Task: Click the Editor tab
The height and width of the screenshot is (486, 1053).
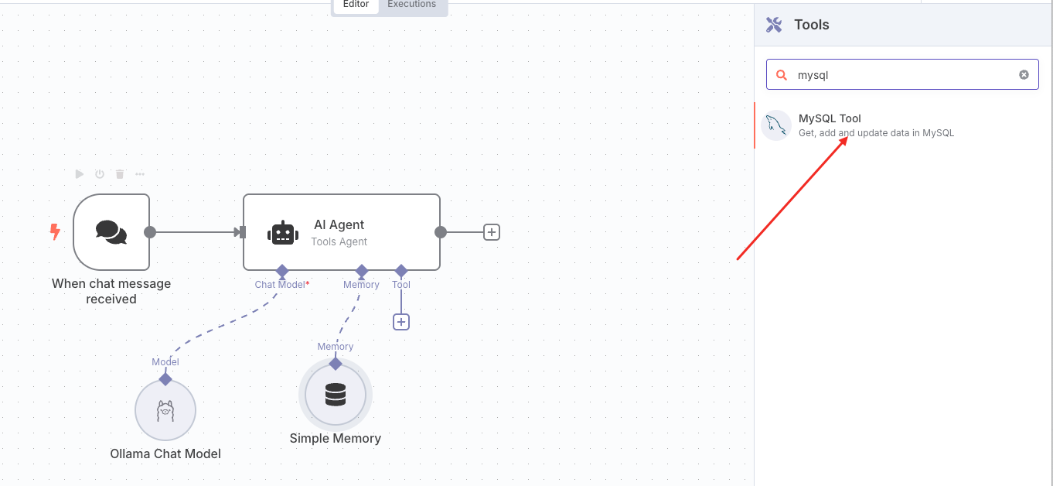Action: [x=356, y=5]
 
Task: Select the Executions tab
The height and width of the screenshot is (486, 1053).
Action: [x=412, y=5]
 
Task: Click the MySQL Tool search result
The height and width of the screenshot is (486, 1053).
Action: [x=876, y=125]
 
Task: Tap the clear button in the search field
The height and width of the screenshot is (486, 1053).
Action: [x=1024, y=75]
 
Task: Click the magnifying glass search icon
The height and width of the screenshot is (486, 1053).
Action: [x=782, y=75]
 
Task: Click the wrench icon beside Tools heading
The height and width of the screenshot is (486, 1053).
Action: [x=774, y=25]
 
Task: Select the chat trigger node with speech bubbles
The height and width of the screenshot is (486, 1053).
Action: [x=111, y=232]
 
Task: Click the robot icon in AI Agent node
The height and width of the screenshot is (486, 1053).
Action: [x=282, y=233]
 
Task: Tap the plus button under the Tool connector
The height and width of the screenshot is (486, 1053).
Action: [x=400, y=322]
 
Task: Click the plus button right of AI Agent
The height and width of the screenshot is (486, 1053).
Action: [x=492, y=232]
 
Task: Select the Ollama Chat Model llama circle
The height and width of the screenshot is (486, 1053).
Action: [x=165, y=410]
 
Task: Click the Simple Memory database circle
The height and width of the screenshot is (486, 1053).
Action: [x=336, y=395]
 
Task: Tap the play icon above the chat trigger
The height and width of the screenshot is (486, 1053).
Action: [x=80, y=174]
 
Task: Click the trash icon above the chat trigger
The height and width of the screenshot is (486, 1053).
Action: [x=120, y=174]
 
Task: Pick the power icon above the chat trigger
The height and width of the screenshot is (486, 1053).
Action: [x=100, y=174]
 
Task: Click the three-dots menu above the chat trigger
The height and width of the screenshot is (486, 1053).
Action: [x=140, y=174]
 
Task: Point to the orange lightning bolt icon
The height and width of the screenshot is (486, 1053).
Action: [x=55, y=231]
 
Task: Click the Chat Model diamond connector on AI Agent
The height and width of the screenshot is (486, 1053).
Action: [x=282, y=271]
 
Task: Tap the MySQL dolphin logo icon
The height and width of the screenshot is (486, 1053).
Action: [x=776, y=125]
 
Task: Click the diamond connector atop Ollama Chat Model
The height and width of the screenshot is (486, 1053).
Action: [x=165, y=378]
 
